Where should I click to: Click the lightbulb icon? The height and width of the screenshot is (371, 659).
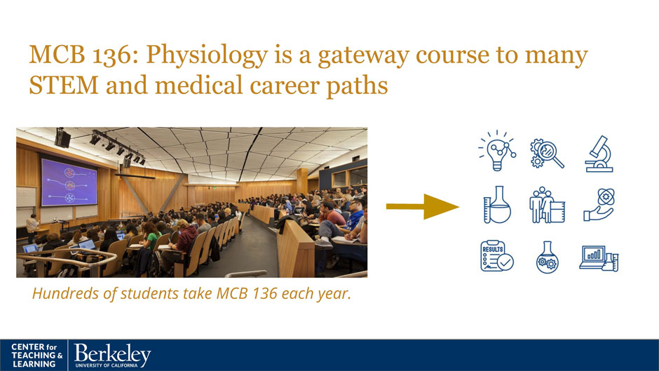click(x=497, y=151)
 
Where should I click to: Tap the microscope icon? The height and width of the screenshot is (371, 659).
click(x=599, y=154)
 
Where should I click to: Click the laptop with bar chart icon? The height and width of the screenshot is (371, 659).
click(x=599, y=259)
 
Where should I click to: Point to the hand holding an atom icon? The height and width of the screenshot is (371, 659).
click(x=599, y=205)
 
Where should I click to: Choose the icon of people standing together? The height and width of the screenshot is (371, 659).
click(x=547, y=205)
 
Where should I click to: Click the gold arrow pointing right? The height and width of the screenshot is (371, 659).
click(x=422, y=206)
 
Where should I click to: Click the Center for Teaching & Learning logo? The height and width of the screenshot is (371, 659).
click(x=37, y=356)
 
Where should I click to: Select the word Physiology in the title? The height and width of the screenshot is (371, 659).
click(x=207, y=55)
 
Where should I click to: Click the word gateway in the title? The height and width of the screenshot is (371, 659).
click(x=363, y=56)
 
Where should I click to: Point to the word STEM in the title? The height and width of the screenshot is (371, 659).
click(x=64, y=86)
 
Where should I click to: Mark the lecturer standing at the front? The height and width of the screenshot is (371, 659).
click(x=32, y=228)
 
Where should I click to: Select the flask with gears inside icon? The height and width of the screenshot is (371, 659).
click(x=548, y=257)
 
